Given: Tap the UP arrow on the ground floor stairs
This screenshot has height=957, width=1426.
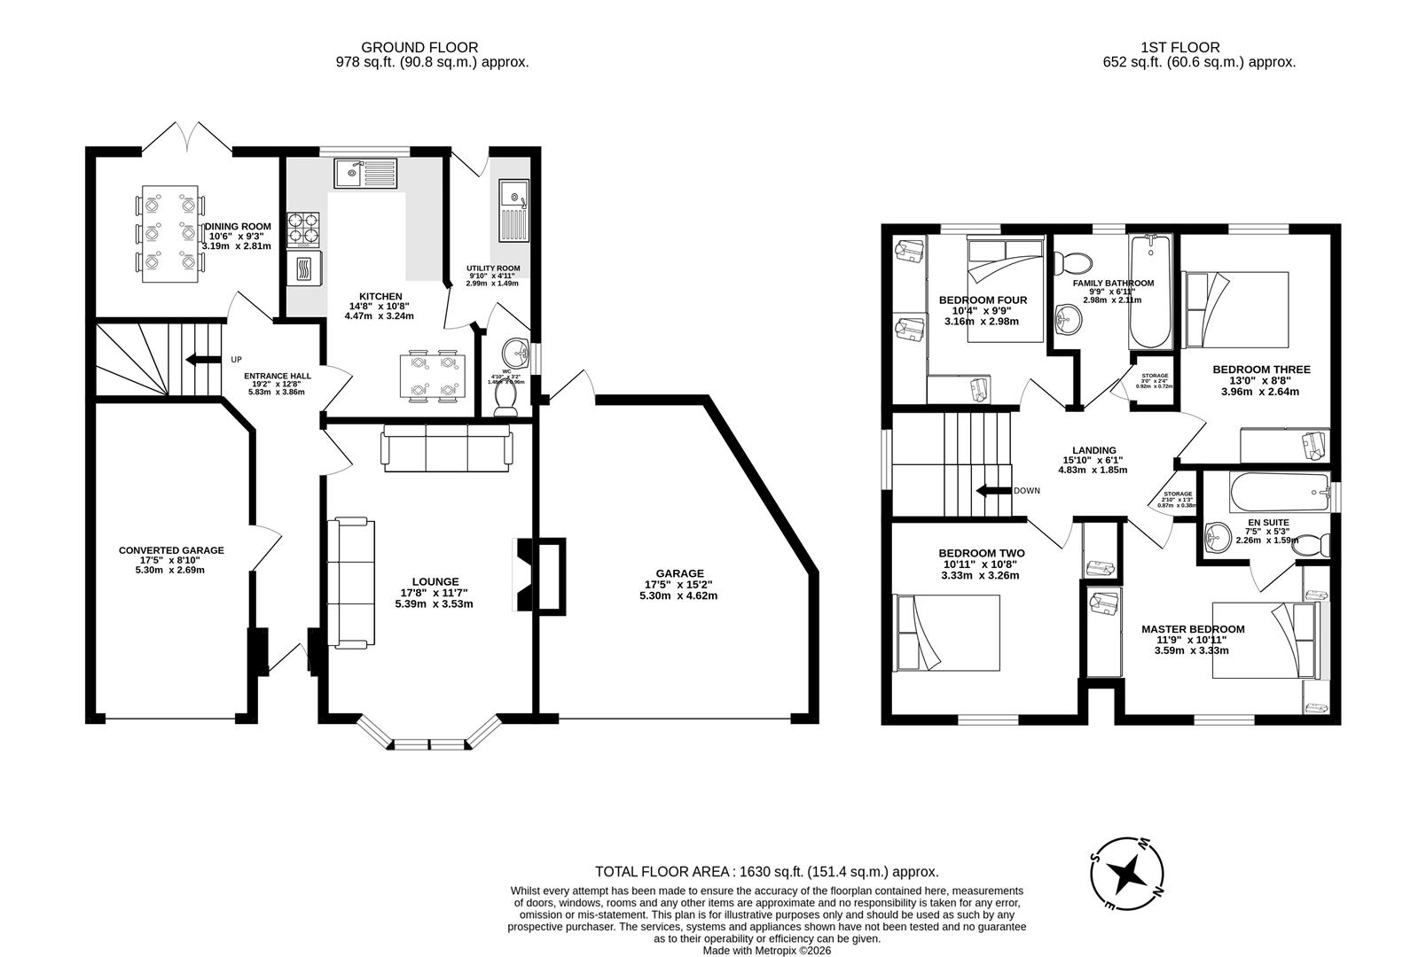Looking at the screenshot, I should pyautogui.click(x=202, y=359).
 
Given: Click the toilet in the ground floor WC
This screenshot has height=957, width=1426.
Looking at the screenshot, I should pyautogui.click(x=505, y=403).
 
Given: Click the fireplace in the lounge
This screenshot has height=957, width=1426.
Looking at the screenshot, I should pyautogui.click(x=539, y=575).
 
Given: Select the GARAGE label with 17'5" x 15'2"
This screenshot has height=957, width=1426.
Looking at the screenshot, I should pyautogui.click(x=679, y=573).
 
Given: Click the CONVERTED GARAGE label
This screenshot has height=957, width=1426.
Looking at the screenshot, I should pyautogui.click(x=171, y=550).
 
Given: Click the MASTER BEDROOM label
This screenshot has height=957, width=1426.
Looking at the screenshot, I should pyautogui.click(x=1192, y=629).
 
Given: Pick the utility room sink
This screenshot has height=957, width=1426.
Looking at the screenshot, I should pyautogui.click(x=513, y=211).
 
